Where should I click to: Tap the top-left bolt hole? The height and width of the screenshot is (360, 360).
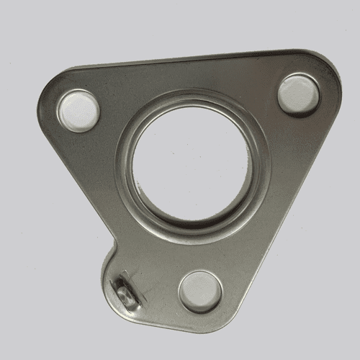[78, 110]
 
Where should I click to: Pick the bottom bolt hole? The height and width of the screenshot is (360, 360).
[200, 290]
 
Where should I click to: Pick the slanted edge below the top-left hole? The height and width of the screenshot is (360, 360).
[79, 180]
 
